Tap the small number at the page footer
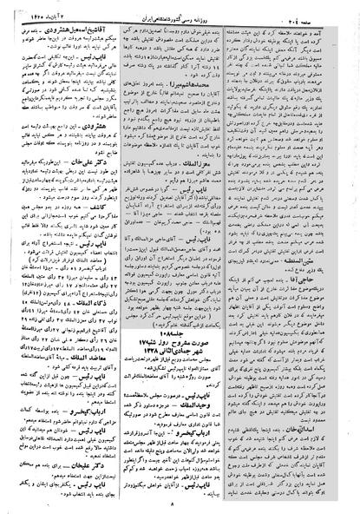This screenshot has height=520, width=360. coord(177,505)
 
